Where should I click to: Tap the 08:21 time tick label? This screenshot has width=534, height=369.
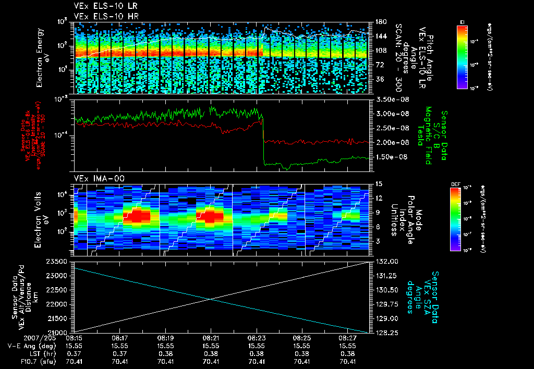(x=211, y=338)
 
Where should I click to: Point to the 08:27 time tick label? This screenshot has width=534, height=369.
(x=347, y=338)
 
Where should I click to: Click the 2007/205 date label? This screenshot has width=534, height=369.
(x=19, y=338)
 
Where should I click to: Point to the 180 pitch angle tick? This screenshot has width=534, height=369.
(x=380, y=22)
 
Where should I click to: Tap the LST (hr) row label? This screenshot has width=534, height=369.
(x=26, y=354)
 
